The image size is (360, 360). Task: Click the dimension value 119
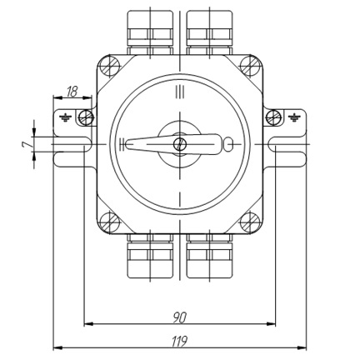179,342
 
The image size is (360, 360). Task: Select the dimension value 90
180,317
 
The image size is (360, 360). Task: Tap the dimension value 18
72,92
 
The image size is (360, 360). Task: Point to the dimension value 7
27,144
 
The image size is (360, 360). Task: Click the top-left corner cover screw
109,66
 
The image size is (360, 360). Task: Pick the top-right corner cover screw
250,66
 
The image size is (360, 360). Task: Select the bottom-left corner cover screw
109,222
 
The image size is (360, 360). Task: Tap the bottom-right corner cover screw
250,222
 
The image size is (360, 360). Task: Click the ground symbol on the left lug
66,117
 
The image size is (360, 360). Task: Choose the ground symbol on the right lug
294,117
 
